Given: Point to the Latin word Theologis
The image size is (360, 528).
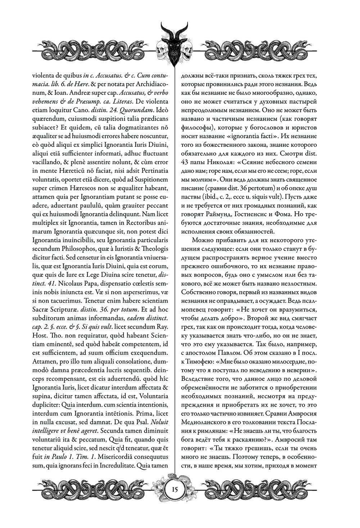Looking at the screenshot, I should [x=155, y=249].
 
